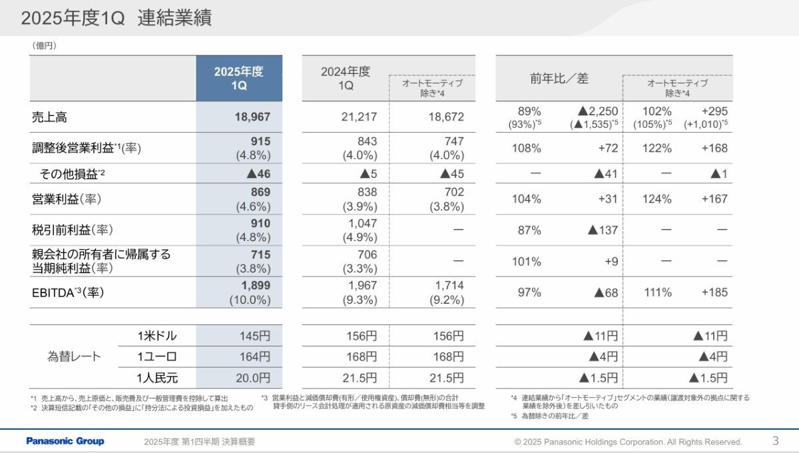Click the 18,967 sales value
(252, 117)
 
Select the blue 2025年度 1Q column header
(239, 79)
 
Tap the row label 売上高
(49, 117)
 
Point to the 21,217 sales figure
(359, 117)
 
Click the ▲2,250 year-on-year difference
(598, 111)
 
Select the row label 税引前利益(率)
(72, 230)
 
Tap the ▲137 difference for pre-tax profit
(603, 230)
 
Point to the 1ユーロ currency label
(157, 356)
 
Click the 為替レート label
(74, 356)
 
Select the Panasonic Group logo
(65, 441)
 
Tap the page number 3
(775, 440)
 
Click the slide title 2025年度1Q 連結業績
(117, 19)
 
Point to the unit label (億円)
(43, 45)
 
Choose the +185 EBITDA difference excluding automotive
(714, 292)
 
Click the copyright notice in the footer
(628, 442)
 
